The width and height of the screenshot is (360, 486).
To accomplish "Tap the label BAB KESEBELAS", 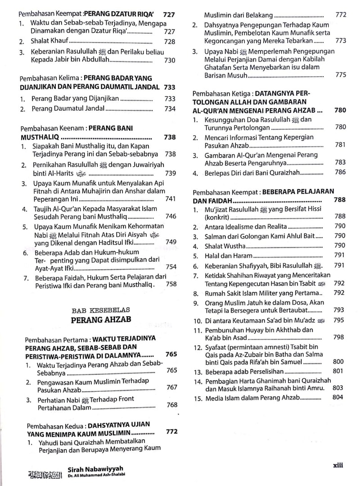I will [x=100, y=310].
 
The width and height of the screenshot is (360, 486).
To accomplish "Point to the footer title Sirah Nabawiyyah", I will [x=95, y=469].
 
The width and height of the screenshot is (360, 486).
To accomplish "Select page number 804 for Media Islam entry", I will [x=337, y=397].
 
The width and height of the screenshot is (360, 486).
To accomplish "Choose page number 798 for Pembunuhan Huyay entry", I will [x=339, y=337].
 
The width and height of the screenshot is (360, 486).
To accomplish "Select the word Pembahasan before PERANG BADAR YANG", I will [x=39, y=78].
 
